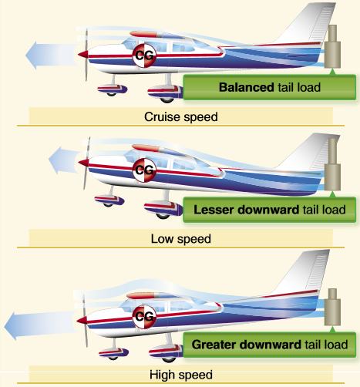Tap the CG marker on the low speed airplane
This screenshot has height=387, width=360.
click(144, 170)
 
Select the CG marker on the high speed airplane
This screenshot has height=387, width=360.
click(143, 315)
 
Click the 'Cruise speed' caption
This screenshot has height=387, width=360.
click(180, 118)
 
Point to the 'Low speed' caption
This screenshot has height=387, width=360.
click(180, 239)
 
